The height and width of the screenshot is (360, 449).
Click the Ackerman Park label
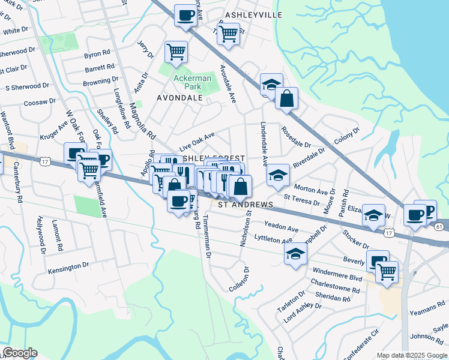tap(192, 82)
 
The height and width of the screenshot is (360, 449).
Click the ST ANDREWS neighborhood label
tap(245, 205)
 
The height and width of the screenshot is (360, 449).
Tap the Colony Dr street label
tap(346, 134)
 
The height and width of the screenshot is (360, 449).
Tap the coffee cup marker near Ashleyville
tap(186, 14)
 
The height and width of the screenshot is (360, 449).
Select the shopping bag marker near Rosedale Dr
tap(287, 98)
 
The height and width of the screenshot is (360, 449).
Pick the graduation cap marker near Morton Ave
tap(277, 175)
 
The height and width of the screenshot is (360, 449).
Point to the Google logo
tap(20, 352)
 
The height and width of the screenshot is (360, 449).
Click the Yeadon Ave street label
tap(282, 229)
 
